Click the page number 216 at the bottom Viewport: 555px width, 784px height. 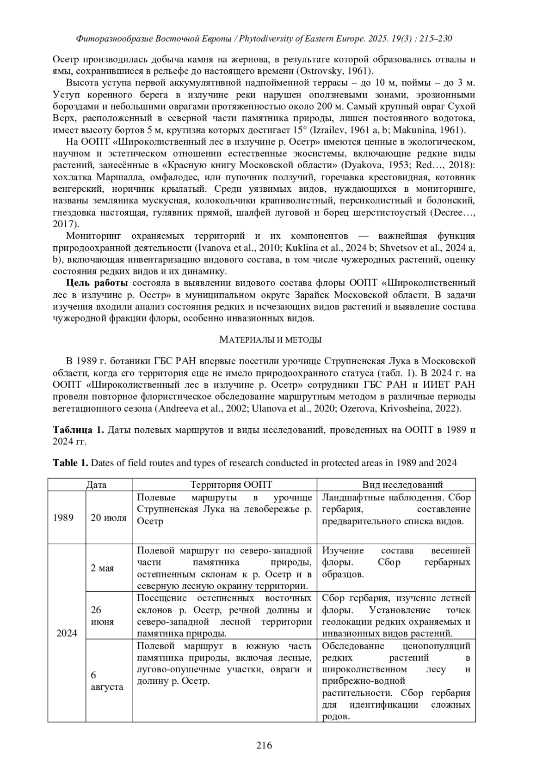[264, 745]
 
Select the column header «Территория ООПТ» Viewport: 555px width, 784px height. [224, 485]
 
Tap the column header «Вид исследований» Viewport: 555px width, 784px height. [396, 485]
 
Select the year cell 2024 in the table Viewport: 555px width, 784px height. [67, 633]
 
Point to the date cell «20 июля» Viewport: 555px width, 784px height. [109, 518]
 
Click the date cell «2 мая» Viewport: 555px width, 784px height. [102, 568]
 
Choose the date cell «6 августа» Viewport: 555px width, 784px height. [106, 681]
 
